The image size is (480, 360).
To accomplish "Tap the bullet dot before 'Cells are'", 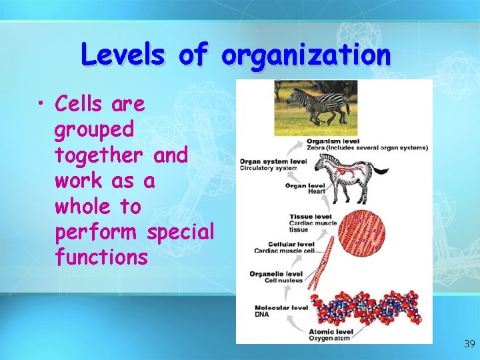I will click(x=42, y=105).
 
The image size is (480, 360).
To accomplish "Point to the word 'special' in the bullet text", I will click(x=180, y=233).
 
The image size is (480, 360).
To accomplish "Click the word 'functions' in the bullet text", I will click(x=101, y=258).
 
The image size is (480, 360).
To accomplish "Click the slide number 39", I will click(x=469, y=344).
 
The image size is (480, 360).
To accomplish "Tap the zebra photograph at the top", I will click(x=315, y=107).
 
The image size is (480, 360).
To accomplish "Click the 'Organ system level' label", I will click(x=273, y=161).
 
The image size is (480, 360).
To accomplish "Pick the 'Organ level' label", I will click(x=305, y=186).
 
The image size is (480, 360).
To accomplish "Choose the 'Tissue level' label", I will click(x=309, y=217).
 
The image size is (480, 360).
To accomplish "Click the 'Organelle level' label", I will click(x=276, y=274).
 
